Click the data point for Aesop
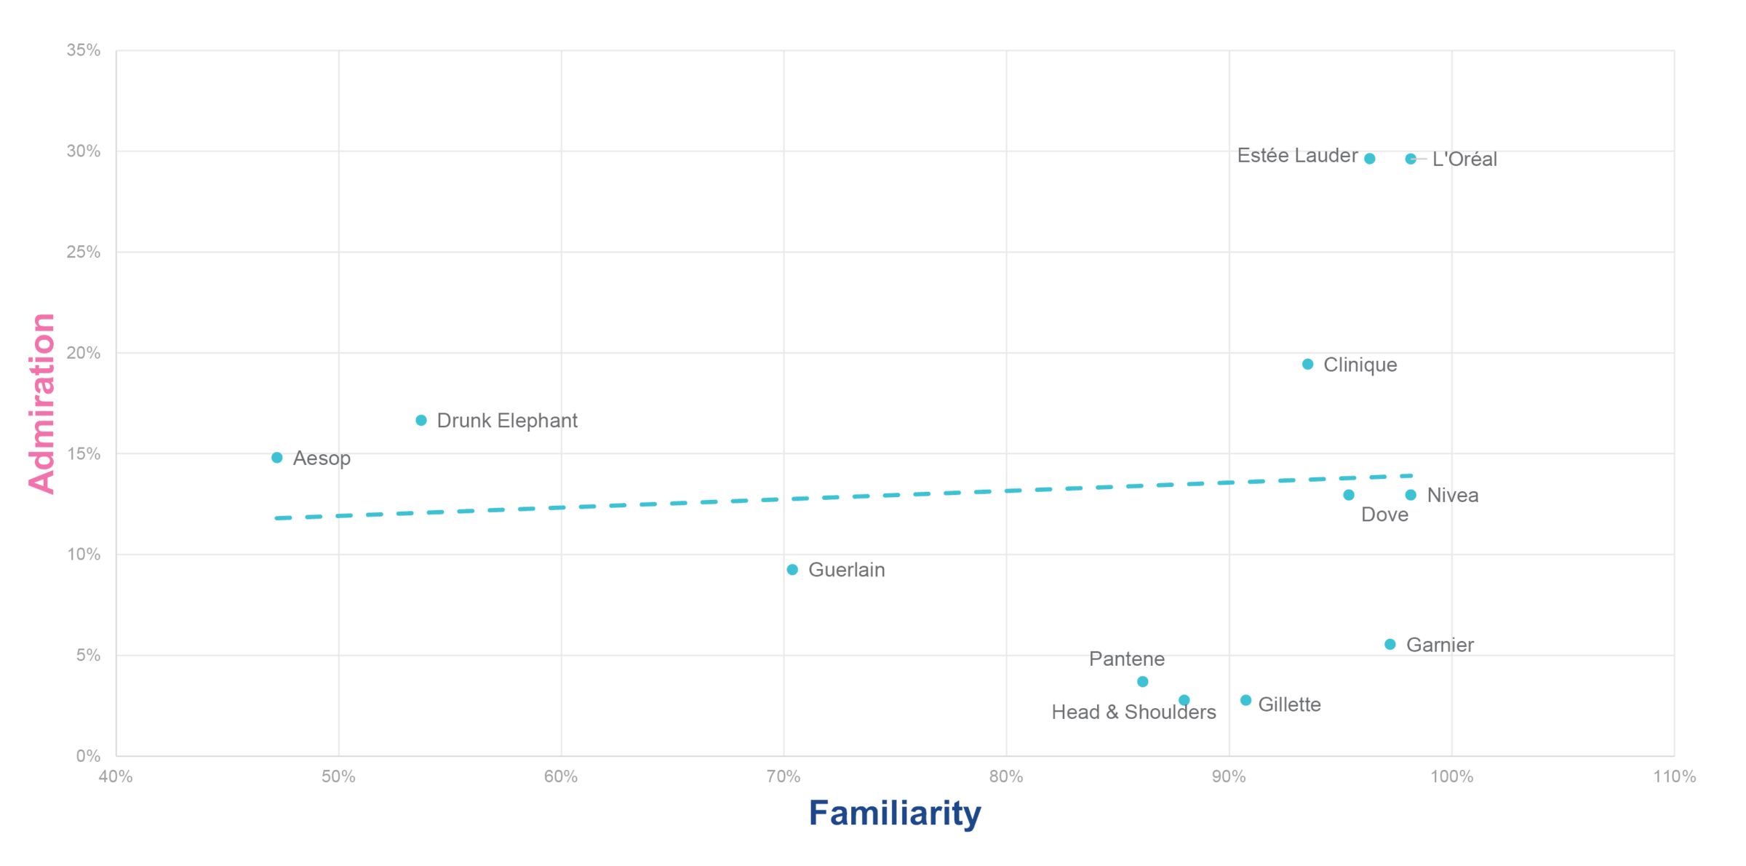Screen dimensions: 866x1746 [x=277, y=458]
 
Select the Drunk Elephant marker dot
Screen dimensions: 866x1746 [x=421, y=421]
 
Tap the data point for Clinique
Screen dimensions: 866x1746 [x=1308, y=364]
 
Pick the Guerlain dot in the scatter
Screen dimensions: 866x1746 [x=792, y=570]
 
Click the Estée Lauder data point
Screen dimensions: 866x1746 [x=1370, y=159]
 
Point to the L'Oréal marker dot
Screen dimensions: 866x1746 [x=1411, y=159]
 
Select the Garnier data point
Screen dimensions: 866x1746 [x=1390, y=644]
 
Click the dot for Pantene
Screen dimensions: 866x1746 [x=1143, y=682]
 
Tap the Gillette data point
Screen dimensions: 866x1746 [x=1246, y=700]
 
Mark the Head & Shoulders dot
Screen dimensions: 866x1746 [x=1184, y=700]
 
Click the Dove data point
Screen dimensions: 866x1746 [x=1349, y=495]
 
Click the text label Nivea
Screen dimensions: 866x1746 [x=1453, y=496]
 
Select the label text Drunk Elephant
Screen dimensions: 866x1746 [x=507, y=421]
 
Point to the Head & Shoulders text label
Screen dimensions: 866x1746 [x=1133, y=712]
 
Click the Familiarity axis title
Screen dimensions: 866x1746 [x=895, y=813]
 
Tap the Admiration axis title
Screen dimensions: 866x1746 [x=42, y=403]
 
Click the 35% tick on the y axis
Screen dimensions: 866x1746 [x=84, y=50]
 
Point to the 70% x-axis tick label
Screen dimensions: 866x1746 [x=784, y=776]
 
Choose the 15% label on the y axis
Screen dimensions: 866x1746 [x=84, y=454]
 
